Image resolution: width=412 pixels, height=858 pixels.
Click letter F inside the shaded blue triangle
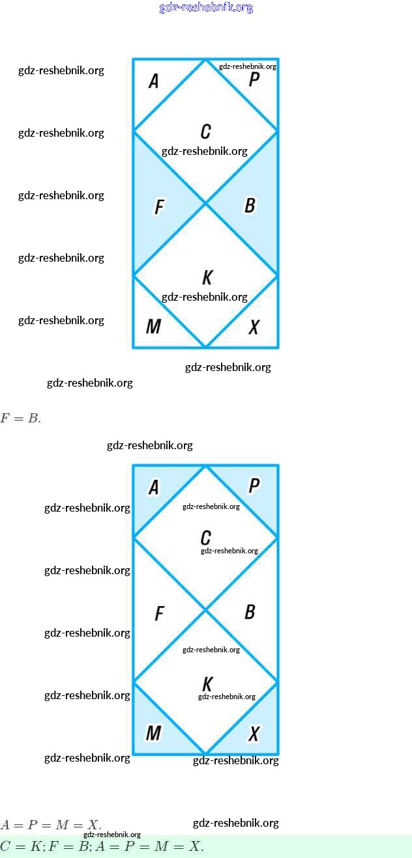pos(159,207)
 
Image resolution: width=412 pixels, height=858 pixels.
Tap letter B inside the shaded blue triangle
pos(250,206)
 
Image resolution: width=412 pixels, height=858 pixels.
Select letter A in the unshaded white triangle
pos(154,81)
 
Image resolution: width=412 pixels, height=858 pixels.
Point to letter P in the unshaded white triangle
pos(254,80)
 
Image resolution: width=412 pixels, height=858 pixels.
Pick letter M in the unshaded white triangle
pos(153,326)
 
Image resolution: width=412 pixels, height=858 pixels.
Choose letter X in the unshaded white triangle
pos(254,327)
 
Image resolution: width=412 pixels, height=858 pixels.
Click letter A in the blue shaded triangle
pos(154,488)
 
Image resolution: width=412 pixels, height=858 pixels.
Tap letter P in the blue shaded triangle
pos(254,486)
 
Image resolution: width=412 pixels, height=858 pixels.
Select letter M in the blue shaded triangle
pos(153,733)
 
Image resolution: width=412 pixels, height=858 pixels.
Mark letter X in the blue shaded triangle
pos(254,734)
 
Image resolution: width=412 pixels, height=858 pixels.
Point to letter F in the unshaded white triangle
pos(159,613)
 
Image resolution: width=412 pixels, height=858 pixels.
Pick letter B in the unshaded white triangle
pos(250,612)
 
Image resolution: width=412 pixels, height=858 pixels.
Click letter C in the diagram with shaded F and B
pos(205,131)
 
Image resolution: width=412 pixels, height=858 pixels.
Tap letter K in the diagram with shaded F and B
pos(207,278)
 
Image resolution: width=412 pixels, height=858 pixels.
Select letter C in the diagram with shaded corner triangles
pos(205,538)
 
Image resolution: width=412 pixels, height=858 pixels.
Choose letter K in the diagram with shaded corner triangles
pos(207,684)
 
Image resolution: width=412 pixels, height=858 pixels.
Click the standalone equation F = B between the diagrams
pos(20,419)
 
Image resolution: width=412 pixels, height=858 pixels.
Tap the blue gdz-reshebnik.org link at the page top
pos(206,8)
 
